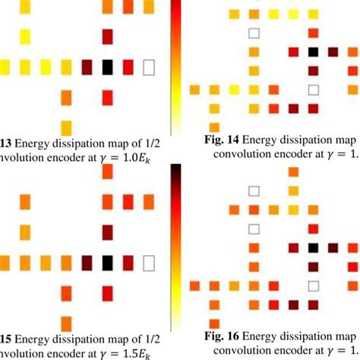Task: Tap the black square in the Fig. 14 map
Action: coord(312,52)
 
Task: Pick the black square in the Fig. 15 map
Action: coord(107,263)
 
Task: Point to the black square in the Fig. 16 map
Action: coord(312,247)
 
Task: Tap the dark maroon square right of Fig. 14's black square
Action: coord(333,52)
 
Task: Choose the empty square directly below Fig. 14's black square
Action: coord(312,90)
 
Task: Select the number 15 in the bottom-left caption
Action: coord(6,339)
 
